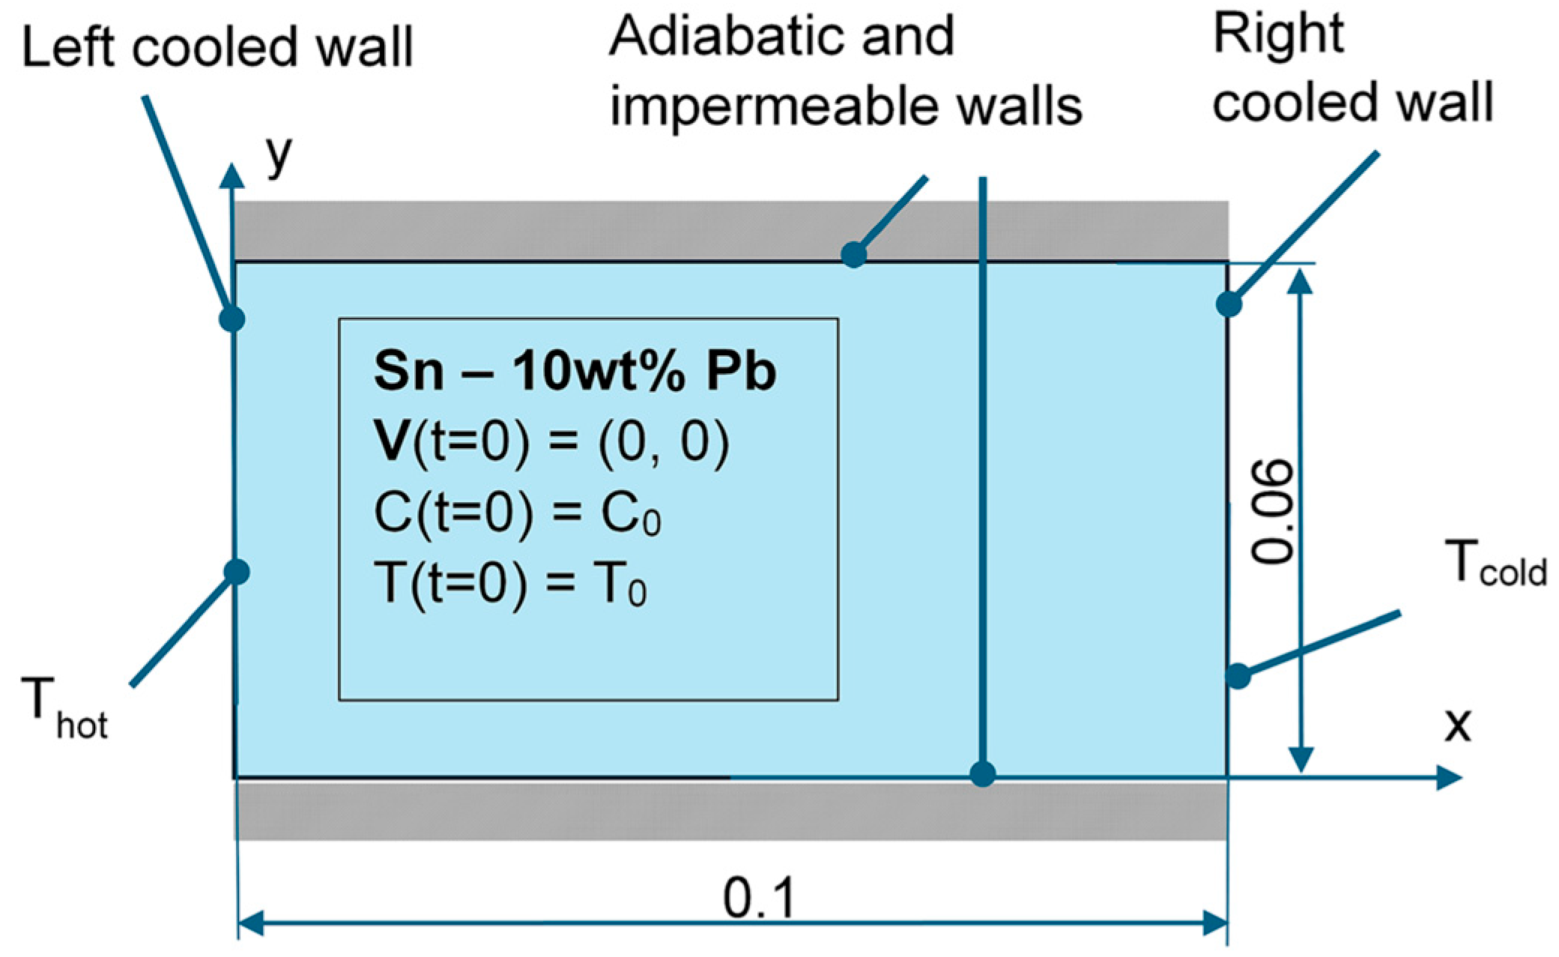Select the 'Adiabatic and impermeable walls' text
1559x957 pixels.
click(845, 71)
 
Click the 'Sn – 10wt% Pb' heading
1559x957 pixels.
click(575, 371)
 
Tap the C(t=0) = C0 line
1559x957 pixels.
click(517, 513)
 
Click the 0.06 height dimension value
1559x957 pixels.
click(1273, 511)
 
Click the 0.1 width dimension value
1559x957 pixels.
click(758, 898)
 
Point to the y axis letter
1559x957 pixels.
click(279, 154)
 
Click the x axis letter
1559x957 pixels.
click(1458, 725)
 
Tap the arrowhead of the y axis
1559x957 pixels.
click(232, 175)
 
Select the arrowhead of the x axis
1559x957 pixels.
click(1450, 777)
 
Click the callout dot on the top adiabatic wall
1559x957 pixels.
click(854, 255)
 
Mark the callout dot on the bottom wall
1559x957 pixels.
click(982, 773)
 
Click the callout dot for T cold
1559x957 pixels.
click(1238, 676)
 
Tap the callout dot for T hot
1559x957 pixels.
click(237, 572)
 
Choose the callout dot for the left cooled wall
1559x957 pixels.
click(232, 319)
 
